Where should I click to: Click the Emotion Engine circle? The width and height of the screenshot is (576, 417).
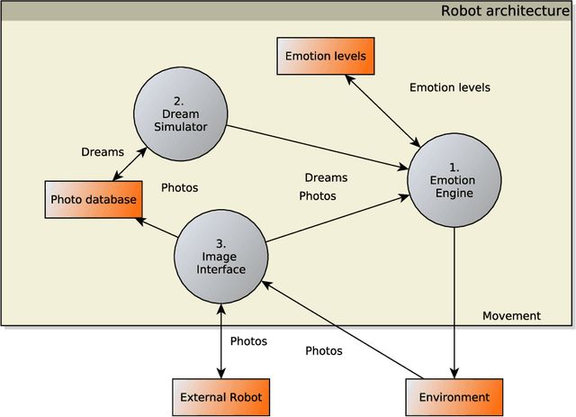point(454,181)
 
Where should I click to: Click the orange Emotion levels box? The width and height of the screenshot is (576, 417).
point(325,57)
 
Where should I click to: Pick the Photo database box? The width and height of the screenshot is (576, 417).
point(94,199)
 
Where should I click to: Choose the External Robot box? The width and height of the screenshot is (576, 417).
point(220,397)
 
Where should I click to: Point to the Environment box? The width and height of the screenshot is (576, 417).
point(454,397)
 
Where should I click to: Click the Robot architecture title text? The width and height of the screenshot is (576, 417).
point(504,11)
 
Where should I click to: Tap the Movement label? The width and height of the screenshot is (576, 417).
point(511,315)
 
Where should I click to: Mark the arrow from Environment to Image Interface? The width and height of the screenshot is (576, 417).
point(342,330)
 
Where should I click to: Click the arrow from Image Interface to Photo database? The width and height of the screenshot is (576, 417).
point(157,228)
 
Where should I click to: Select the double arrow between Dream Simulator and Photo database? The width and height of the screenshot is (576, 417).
point(127,162)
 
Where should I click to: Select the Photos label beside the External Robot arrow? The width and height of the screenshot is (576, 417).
point(248,341)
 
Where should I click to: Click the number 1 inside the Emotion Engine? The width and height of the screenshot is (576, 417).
point(454,168)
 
